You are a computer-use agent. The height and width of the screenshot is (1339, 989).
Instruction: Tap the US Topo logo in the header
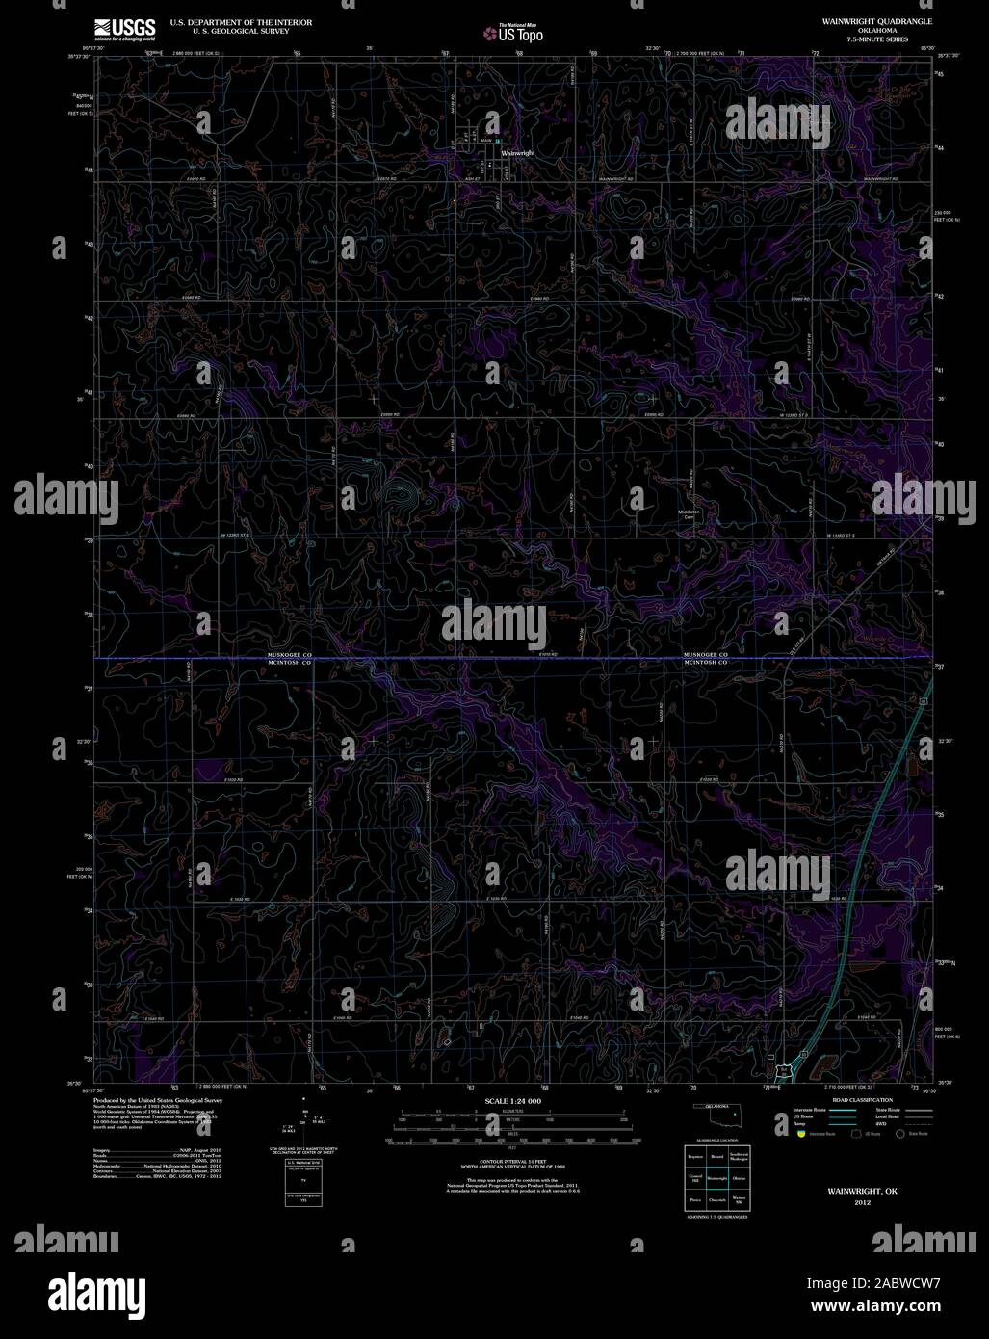tap(514, 34)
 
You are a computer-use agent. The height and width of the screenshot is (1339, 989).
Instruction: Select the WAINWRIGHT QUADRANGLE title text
tap(863, 20)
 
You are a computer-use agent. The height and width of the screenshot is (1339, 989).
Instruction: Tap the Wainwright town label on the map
tap(517, 152)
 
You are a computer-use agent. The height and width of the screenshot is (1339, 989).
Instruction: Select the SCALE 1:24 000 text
tap(512, 1100)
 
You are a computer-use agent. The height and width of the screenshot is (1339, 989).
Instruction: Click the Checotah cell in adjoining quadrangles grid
tap(716, 1200)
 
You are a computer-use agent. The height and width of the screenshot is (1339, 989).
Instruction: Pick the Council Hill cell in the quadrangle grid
tap(694, 1177)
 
